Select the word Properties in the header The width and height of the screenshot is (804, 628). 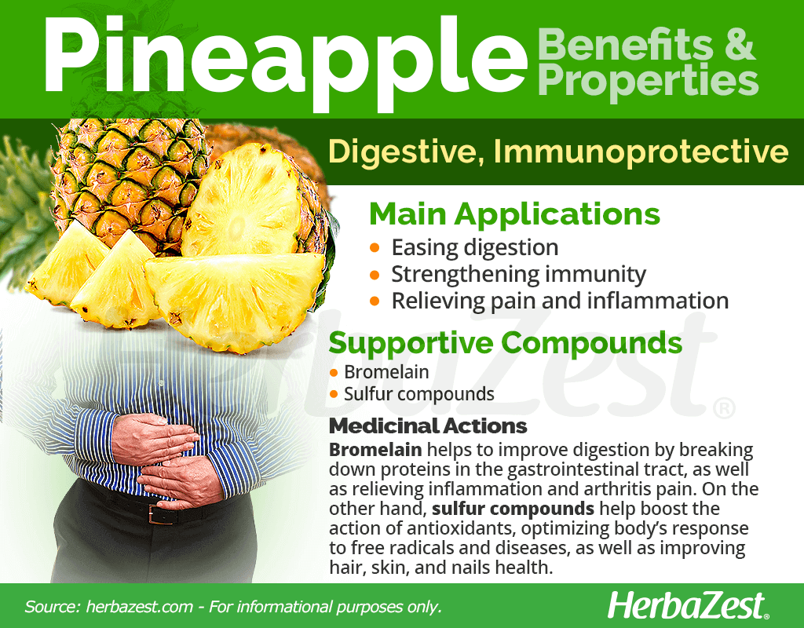[648, 80]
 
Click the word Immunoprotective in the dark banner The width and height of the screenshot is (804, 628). [641, 152]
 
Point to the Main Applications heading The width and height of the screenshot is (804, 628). [514, 214]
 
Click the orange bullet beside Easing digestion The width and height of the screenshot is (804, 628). [375, 248]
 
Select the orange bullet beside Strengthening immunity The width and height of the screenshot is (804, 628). [375, 276]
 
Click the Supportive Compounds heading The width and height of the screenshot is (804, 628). [505, 342]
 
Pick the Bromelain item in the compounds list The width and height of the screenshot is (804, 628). [386, 372]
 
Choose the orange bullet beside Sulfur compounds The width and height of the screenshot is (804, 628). [334, 394]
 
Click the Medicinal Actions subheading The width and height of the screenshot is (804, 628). [428, 426]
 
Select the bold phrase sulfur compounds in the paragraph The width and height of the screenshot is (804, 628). [513, 509]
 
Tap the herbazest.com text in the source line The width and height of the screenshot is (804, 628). [140, 607]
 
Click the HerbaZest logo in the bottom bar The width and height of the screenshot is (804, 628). [688, 605]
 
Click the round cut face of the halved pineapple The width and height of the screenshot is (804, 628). [241, 200]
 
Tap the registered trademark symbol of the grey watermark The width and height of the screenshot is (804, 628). [724, 408]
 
